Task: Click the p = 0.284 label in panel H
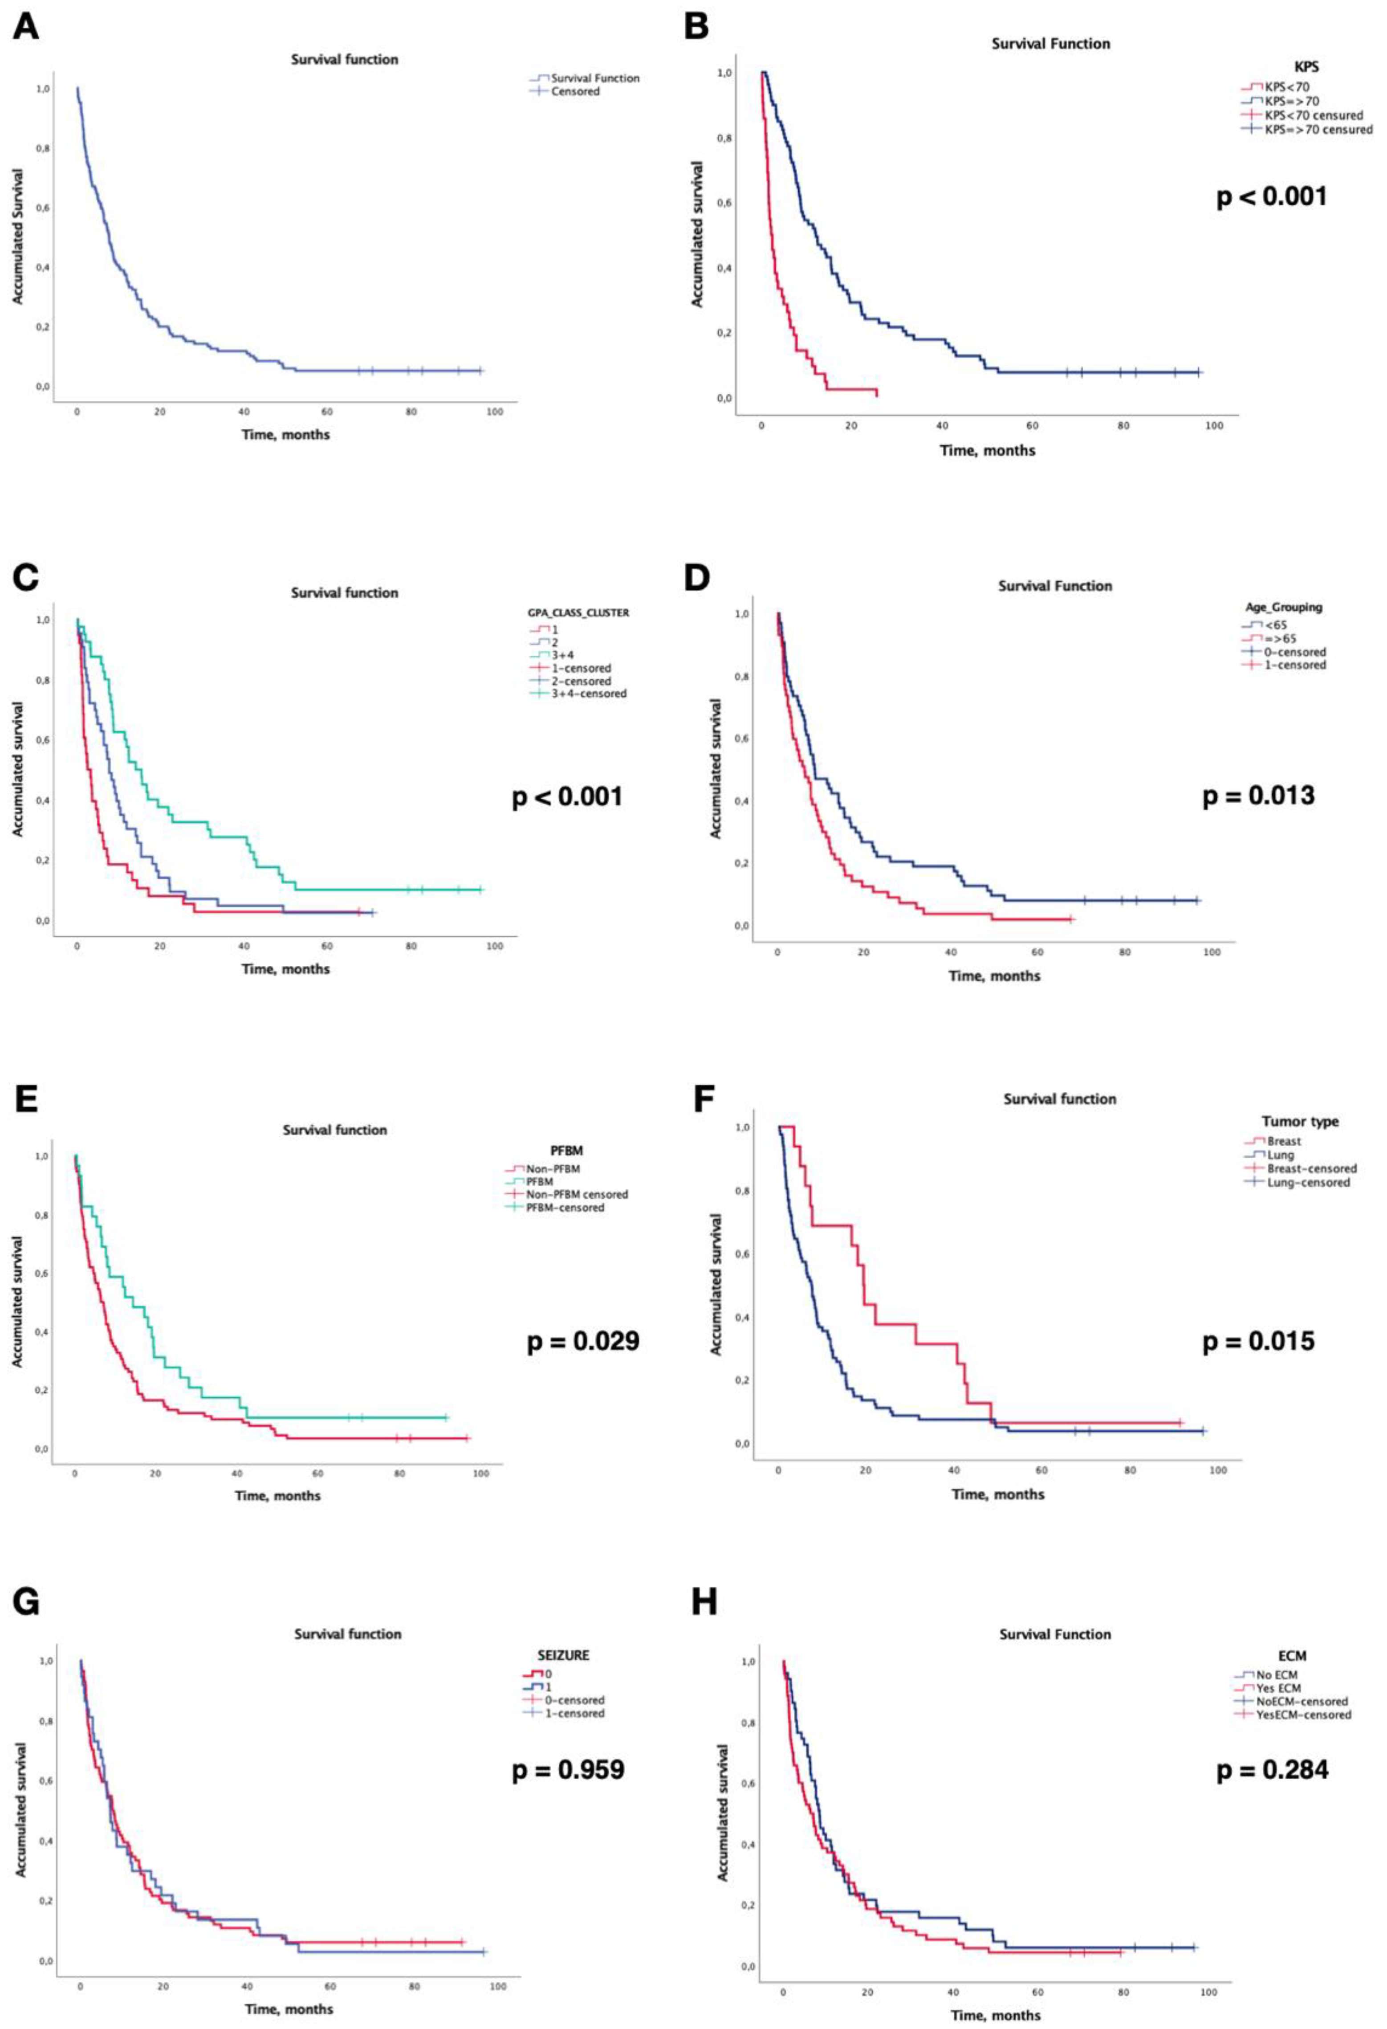click(1272, 1770)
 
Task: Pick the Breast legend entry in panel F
click(1283, 1141)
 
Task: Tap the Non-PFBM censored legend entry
click(576, 1193)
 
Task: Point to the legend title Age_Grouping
click(1283, 607)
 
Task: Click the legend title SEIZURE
click(563, 1654)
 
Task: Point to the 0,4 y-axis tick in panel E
click(41, 1332)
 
